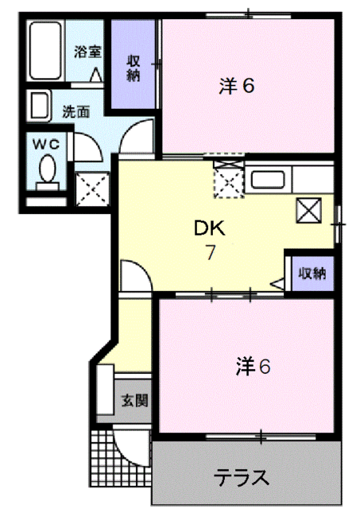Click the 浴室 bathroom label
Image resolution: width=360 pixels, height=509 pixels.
coord(88,53)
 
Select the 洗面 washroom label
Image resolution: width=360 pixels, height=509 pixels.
coord(77,112)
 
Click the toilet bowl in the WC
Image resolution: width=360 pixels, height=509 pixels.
coord(47,170)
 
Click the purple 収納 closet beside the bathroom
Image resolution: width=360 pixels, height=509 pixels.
coord(134,67)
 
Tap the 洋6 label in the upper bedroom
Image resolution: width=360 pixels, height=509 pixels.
coord(236,86)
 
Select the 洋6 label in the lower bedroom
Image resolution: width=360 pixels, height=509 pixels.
coord(254,367)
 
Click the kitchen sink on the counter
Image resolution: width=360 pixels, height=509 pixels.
coord(269,179)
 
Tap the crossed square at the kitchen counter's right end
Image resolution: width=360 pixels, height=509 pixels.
coord(308,210)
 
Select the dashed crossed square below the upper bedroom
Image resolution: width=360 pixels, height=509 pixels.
coord(228,183)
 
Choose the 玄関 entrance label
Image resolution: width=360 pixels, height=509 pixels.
coord(134,399)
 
